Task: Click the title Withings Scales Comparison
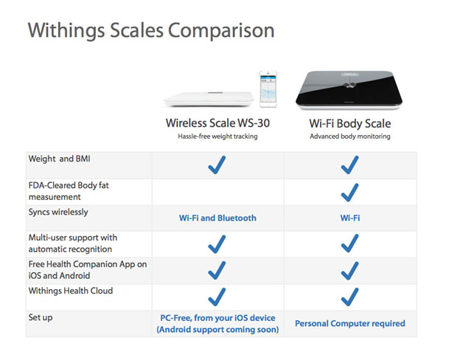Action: [x=150, y=31]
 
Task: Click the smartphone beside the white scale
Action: [x=267, y=89]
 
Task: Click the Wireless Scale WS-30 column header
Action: [x=217, y=123]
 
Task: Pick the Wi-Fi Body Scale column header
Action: [x=350, y=123]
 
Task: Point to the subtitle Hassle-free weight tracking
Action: [x=217, y=136]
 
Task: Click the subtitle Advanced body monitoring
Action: [x=350, y=136]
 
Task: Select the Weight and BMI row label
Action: [x=60, y=159]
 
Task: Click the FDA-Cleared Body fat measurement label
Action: [x=68, y=191]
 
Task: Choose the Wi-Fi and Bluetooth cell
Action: [x=217, y=218]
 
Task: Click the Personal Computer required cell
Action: [x=350, y=323]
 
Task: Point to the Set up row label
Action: [x=42, y=318]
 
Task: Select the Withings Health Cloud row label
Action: [x=70, y=291]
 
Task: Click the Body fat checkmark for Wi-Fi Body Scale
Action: [x=350, y=192]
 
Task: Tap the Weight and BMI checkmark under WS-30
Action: [x=217, y=165]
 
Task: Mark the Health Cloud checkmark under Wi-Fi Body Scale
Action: [x=350, y=297]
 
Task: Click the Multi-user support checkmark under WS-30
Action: [x=217, y=244]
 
